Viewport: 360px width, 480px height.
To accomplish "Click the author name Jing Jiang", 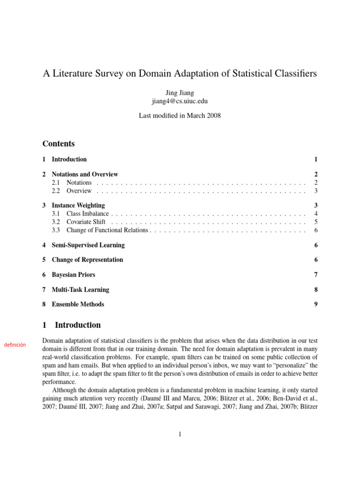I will [x=180, y=93].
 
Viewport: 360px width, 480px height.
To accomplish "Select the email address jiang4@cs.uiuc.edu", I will [x=180, y=101].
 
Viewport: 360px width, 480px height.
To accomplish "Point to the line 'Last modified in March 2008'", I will [x=180, y=116].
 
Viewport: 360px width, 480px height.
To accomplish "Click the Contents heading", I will [x=59, y=144].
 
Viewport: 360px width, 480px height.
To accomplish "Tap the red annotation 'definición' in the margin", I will [x=15, y=345].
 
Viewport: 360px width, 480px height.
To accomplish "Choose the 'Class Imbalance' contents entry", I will [x=88, y=214].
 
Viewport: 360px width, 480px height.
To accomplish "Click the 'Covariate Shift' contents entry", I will [x=86, y=222].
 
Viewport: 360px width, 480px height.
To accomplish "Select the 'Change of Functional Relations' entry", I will [x=107, y=230].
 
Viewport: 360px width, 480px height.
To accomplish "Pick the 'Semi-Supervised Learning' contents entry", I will [x=88, y=245].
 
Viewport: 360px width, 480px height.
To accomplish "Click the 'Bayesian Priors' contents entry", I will [x=73, y=275].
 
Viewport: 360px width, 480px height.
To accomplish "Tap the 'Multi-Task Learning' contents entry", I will [x=80, y=290].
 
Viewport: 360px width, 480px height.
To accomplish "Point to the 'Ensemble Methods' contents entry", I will [x=78, y=304].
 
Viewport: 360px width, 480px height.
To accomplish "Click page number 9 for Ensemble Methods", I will [x=316, y=304].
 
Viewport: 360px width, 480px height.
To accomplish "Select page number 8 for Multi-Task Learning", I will [x=316, y=290].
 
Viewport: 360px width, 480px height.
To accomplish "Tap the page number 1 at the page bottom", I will [x=180, y=435].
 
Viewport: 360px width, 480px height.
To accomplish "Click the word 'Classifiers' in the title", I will [x=298, y=74].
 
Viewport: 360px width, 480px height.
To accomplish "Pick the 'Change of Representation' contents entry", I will [x=87, y=260].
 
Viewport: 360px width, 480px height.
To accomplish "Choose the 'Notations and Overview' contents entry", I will [x=85, y=174].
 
